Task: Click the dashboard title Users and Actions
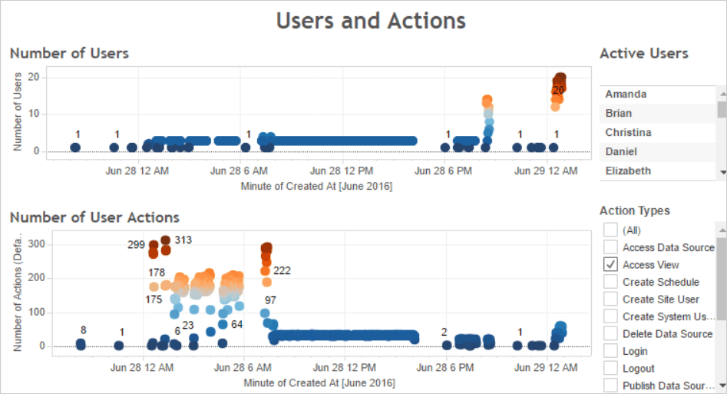[371, 20]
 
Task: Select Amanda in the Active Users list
[626, 94]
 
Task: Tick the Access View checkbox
[611, 264]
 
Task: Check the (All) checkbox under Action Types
[611, 230]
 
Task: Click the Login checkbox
[611, 351]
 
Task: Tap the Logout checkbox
[611, 369]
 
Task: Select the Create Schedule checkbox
[611, 282]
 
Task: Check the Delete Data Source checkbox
[611, 333]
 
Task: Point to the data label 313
[183, 240]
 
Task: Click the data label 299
[137, 245]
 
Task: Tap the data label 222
[282, 270]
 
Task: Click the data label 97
[270, 300]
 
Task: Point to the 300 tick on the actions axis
[35, 244]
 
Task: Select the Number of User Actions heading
[94, 217]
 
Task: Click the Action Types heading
[634, 210]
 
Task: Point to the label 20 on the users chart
[559, 90]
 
